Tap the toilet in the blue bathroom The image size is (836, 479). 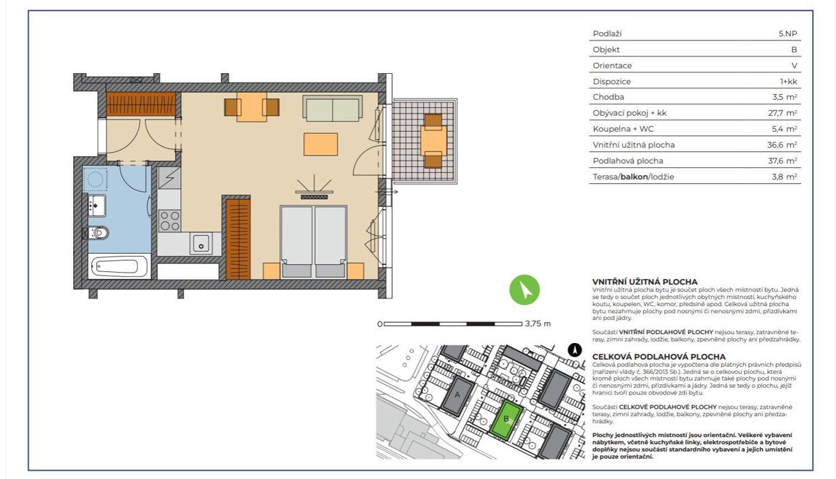98,233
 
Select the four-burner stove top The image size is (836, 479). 169,221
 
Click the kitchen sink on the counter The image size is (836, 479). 201,243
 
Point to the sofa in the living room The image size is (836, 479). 332,108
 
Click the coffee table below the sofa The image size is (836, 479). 320,144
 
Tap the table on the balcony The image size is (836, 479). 433,140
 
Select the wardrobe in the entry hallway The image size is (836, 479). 141,104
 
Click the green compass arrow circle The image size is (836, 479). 525,289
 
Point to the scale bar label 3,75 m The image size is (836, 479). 538,324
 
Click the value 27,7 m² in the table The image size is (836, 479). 782,113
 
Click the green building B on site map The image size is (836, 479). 506,419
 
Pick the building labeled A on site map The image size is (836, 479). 458,396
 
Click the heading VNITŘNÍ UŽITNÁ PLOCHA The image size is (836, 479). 645,282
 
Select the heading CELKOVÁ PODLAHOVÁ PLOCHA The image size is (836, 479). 659,356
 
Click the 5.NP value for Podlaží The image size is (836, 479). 788,33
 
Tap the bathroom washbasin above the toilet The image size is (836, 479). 97,205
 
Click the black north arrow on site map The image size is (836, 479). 575,351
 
